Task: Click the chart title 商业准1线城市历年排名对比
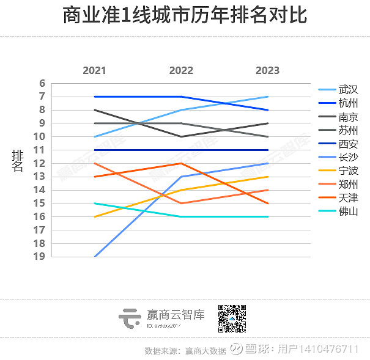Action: tap(185, 16)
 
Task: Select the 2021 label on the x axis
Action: tap(94, 70)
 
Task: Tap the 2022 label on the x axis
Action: tap(181, 70)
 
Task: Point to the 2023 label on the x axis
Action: tap(268, 70)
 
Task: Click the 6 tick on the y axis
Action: tap(42, 83)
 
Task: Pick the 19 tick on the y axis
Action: tap(40, 256)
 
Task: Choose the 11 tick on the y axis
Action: tap(40, 150)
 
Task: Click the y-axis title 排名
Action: tap(18, 161)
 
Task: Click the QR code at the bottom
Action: tap(232, 317)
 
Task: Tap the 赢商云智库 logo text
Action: tap(176, 315)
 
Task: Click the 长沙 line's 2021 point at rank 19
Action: tap(95, 256)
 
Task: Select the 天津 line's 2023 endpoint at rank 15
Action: tap(268, 203)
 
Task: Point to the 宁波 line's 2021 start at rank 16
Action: tap(94, 216)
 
